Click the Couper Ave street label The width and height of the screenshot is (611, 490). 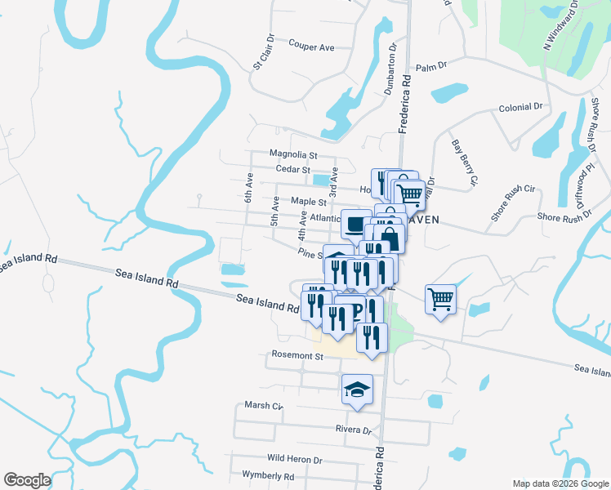[311, 47]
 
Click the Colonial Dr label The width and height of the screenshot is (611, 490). [521, 107]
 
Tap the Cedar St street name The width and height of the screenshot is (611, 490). [293, 169]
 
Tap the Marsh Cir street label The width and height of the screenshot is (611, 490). [263, 405]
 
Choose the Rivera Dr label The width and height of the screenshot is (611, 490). [353, 430]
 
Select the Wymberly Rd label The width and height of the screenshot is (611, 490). [268, 475]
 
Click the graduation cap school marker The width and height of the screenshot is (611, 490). [357, 387]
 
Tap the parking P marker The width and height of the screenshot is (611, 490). [357, 310]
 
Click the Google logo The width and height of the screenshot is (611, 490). [28, 480]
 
